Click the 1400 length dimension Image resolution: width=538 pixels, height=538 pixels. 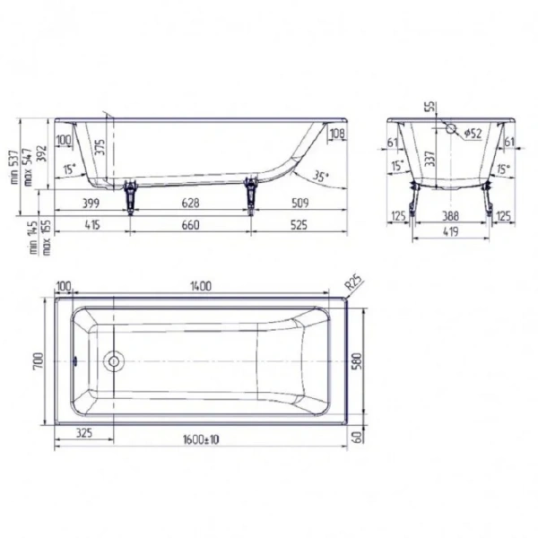click(199, 285)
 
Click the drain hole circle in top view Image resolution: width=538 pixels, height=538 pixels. click(113, 362)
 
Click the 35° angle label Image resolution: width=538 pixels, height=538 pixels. click(321, 176)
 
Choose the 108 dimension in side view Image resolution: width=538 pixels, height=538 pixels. click(337, 135)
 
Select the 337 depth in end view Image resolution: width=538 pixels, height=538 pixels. click(430, 159)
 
